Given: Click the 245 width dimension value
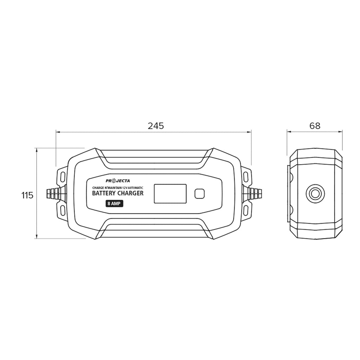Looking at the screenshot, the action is click(x=156, y=126).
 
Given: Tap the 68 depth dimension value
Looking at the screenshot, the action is click(x=315, y=126).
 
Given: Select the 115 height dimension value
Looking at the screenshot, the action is click(x=27, y=195).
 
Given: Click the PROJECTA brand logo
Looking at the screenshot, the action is click(x=118, y=181).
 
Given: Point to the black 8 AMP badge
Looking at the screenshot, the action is click(x=114, y=204).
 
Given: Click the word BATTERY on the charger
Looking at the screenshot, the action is click(x=104, y=193).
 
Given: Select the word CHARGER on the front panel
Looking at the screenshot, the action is click(x=130, y=193).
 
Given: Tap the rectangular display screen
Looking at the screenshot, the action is click(x=170, y=193).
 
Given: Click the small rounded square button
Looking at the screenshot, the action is click(x=200, y=194).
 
